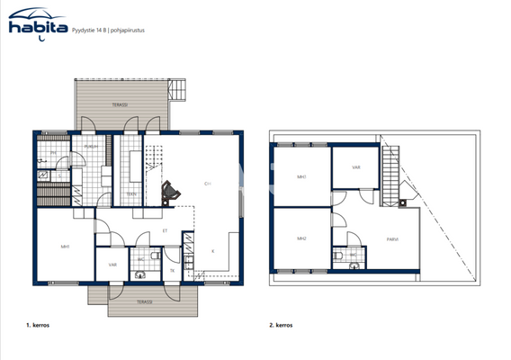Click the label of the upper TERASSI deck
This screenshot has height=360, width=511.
pyautogui.click(x=120, y=105)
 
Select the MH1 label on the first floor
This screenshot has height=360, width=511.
pyautogui.click(x=66, y=246)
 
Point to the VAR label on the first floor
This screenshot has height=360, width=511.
pyautogui.click(x=112, y=265)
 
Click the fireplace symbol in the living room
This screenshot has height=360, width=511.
pyautogui.click(x=169, y=192)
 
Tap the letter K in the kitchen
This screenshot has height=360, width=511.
pyautogui.click(x=212, y=250)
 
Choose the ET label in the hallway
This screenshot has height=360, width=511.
pyautogui.click(x=165, y=230)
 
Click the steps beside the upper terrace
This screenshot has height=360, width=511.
pyautogui.click(x=177, y=90)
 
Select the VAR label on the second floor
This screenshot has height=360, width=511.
pyautogui.click(x=355, y=166)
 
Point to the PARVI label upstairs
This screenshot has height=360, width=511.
pyautogui.click(x=392, y=238)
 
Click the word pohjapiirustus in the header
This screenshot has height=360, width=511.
pyautogui.click(x=128, y=30)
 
